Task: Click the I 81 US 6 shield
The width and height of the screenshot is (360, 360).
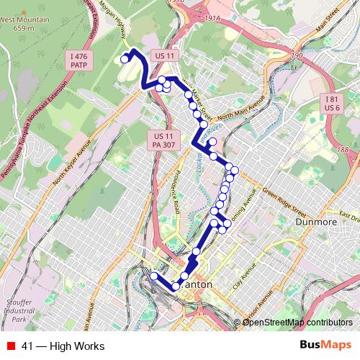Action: click(x=331, y=103)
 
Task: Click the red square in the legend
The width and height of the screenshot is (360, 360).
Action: click(x=10, y=346)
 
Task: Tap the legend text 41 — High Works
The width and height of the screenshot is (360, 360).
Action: click(x=63, y=346)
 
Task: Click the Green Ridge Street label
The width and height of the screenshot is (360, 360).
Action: click(x=279, y=202)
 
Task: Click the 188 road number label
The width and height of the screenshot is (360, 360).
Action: click(x=341, y=149)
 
